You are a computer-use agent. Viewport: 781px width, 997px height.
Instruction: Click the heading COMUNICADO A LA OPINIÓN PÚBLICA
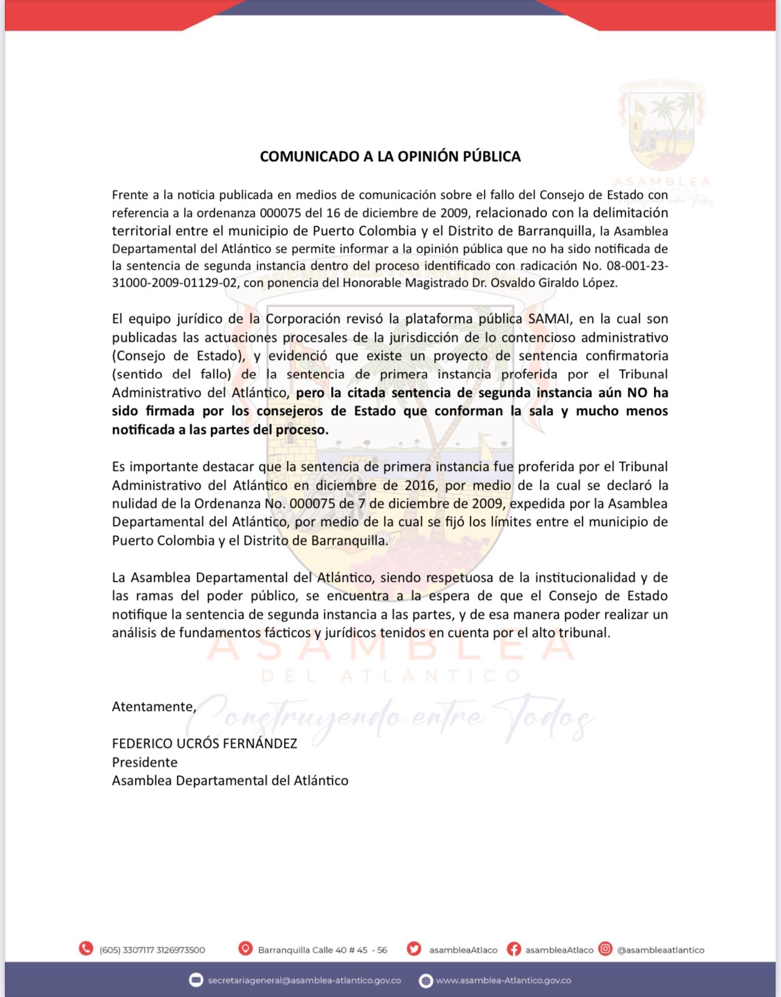pyautogui.click(x=390, y=156)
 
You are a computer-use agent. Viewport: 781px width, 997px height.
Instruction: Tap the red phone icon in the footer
pyautogui.click(x=86, y=949)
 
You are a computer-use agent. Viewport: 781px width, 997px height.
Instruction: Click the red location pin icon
pyautogui.click(x=245, y=949)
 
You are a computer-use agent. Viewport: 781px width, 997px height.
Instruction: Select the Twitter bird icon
pyautogui.click(x=414, y=949)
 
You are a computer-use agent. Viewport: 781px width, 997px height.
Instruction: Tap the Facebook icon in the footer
pyautogui.click(x=513, y=949)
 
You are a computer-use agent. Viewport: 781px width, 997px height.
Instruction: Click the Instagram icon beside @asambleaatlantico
pyautogui.click(x=605, y=949)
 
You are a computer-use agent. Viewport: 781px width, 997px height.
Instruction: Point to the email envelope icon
pyautogui.click(x=196, y=980)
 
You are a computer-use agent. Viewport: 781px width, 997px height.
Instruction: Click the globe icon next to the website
pyautogui.click(x=426, y=981)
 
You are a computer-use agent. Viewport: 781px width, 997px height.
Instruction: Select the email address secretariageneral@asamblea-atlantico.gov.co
pyautogui.click(x=304, y=980)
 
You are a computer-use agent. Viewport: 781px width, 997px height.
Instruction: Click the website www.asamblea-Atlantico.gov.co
pyautogui.click(x=503, y=980)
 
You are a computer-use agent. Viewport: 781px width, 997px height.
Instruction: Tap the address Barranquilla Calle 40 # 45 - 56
pyautogui.click(x=322, y=950)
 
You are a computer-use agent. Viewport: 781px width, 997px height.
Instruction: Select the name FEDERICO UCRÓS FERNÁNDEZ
pyautogui.click(x=205, y=743)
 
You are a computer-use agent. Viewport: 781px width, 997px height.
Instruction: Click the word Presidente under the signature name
pyautogui.click(x=145, y=762)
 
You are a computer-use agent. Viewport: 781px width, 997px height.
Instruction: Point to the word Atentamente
pyautogui.click(x=153, y=706)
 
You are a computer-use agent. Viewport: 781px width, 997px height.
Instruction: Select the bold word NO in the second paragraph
pyautogui.click(x=637, y=393)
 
